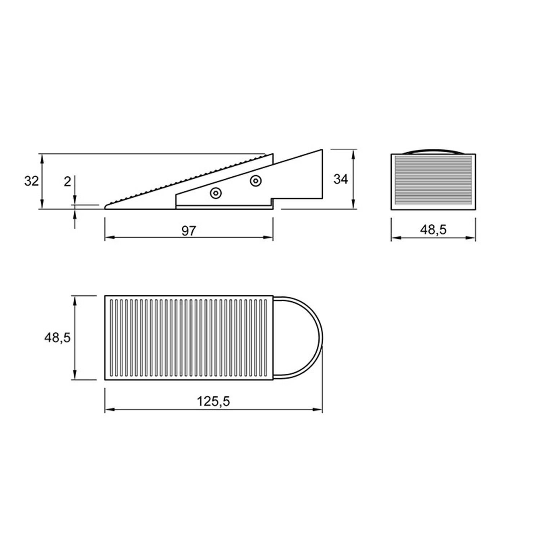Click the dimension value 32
point(31,181)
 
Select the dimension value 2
point(67,182)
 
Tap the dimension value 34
point(341,179)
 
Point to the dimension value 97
point(188,231)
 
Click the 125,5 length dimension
point(213,401)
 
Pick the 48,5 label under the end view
point(433,230)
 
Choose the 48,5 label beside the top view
point(58,338)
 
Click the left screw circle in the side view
point(216,193)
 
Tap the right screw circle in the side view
point(256,181)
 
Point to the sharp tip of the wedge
point(105,207)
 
